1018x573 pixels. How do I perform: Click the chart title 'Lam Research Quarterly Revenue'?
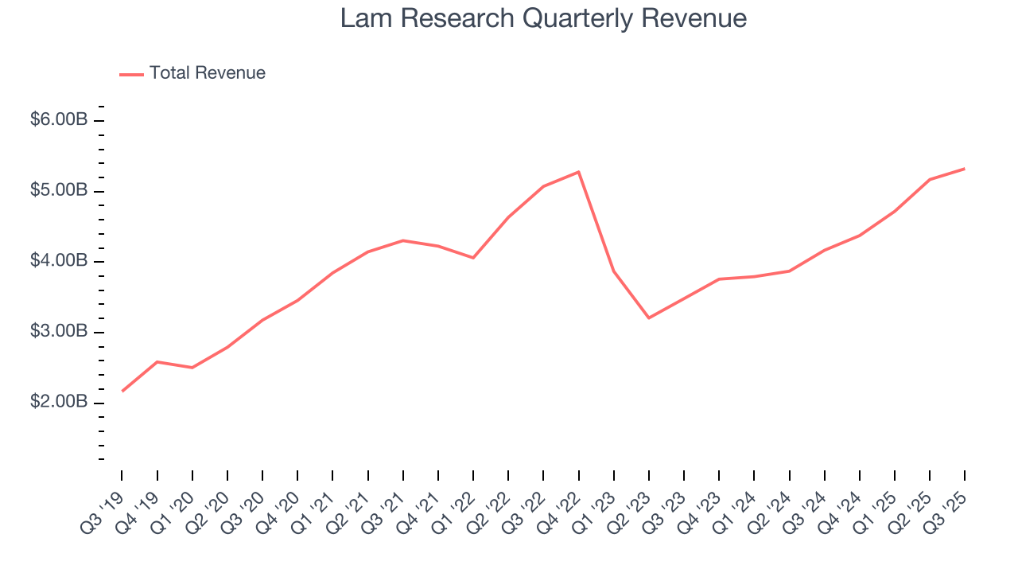(x=543, y=18)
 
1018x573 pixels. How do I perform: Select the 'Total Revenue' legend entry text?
(x=207, y=73)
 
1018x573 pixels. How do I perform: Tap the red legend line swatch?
(x=131, y=74)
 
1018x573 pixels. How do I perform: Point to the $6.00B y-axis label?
(x=59, y=120)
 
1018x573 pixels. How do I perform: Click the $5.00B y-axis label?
(x=59, y=191)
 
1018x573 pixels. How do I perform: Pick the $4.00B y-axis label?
(x=59, y=261)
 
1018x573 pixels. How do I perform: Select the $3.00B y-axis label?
(x=59, y=332)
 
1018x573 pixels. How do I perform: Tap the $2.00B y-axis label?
(x=59, y=402)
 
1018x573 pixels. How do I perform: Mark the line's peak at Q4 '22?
(x=578, y=172)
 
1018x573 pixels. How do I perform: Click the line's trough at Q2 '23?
(x=649, y=318)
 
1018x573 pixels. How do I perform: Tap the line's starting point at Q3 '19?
(x=122, y=391)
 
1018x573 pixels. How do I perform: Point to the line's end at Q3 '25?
(x=965, y=169)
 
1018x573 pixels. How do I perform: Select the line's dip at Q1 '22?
(x=473, y=258)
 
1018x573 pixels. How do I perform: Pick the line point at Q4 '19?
(x=157, y=362)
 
